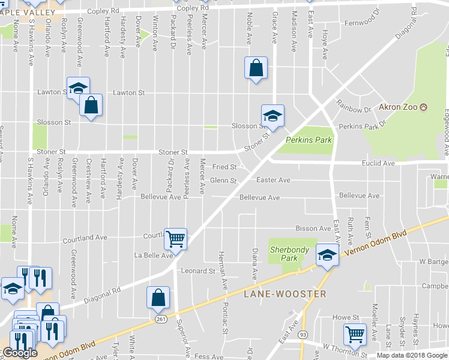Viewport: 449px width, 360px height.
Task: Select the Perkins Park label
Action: (309, 140)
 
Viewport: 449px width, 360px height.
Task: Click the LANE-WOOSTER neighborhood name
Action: (285, 294)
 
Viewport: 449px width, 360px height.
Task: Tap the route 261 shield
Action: (160, 319)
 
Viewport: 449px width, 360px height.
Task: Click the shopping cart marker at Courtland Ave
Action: (175, 238)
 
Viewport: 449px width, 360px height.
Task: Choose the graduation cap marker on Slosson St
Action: (273, 115)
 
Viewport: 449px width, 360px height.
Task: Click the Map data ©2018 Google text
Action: (412, 355)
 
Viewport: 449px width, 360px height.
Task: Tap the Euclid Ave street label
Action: (378, 163)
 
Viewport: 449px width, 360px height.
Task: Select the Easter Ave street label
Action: (273, 180)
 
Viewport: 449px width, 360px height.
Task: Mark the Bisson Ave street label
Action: (313, 229)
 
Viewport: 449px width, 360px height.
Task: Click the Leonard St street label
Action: (198, 271)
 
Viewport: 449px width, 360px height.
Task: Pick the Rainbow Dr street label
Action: (359, 110)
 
